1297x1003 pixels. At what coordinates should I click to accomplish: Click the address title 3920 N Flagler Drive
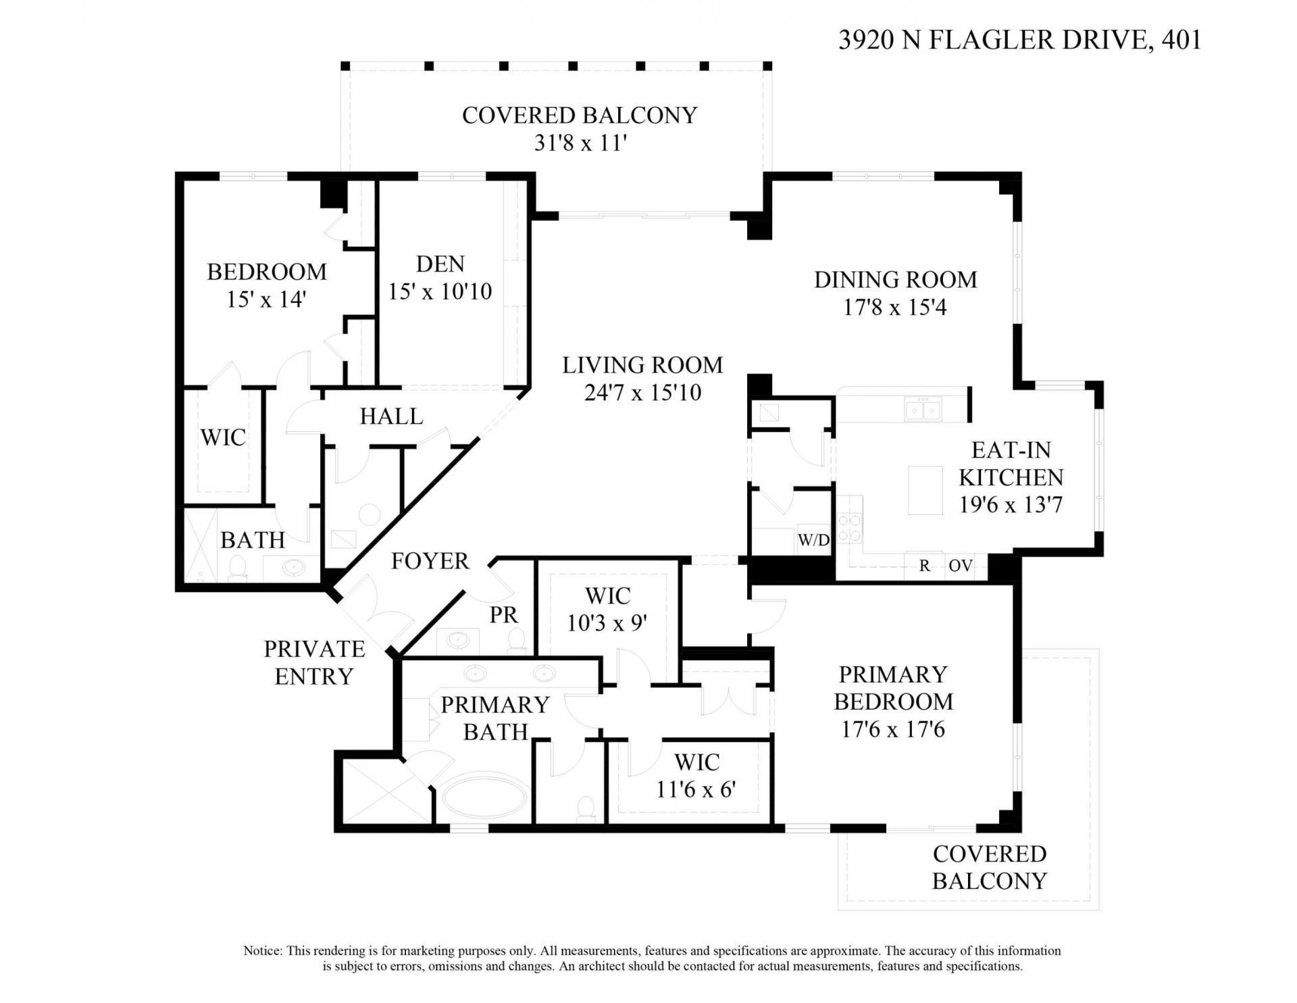[1019, 40]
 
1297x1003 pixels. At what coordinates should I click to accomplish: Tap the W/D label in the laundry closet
[813, 540]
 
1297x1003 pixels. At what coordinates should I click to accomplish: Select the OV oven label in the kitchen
[960, 566]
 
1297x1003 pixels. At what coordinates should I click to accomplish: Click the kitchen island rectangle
[925, 490]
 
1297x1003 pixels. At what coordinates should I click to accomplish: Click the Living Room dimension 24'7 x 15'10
[642, 393]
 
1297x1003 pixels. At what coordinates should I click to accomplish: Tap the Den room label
[440, 264]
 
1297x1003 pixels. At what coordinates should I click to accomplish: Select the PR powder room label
[503, 615]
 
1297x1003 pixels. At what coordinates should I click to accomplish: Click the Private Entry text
[314, 662]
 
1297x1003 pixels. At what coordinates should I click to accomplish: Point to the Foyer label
[430, 561]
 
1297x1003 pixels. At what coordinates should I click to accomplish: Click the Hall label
[391, 416]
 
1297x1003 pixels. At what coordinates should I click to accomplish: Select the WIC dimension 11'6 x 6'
[696, 789]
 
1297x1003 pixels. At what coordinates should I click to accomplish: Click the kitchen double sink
[923, 410]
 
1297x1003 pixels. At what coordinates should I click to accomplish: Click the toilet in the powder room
[517, 639]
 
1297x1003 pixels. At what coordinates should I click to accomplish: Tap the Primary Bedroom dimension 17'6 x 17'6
[893, 730]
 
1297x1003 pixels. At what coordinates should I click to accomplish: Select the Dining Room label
[895, 280]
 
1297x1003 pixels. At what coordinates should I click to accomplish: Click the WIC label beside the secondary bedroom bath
[222, 437]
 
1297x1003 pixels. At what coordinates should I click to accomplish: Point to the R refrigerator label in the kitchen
[924, 566]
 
